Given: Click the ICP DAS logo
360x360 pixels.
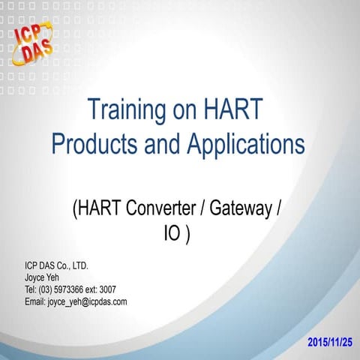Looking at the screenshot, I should pyautogui.click(x=34, y=41).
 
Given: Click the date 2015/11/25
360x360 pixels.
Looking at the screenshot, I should pyautogui.click(x=329, y=342).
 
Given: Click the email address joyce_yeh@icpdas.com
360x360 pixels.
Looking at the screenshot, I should pyautogui.click(x=87, y=301).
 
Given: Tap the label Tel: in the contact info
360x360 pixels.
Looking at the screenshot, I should pyautogui.click(x=31, y=289).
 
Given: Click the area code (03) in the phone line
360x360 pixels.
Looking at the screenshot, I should pyautogui.click(x=49, y=289).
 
